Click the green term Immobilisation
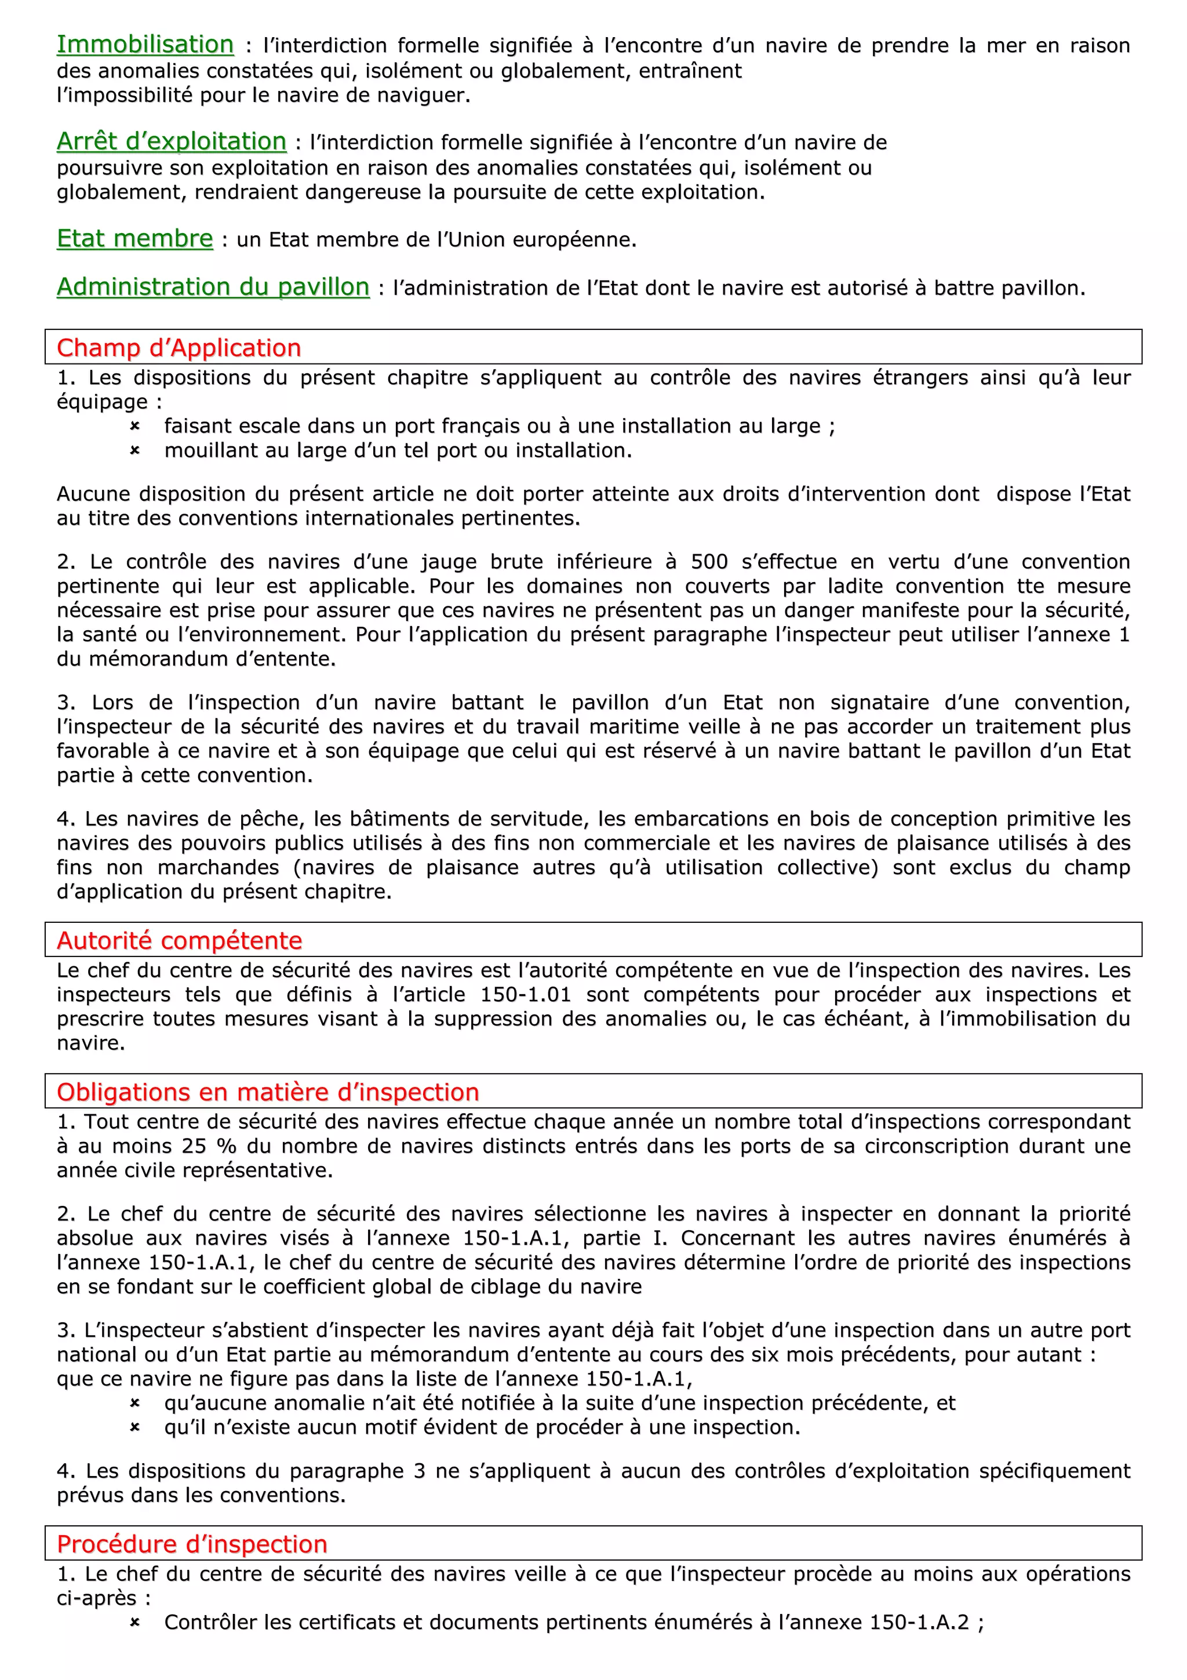pos(145,45)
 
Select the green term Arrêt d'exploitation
pos(171,141)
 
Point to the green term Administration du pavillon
pos(213,287)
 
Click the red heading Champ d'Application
pos(179,348)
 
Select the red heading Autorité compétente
pos(179,940)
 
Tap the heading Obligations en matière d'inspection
pos(268,1092)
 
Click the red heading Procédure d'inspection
pos(192,1544)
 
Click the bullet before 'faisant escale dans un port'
pos(134,426)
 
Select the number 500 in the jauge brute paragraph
pos(709,562)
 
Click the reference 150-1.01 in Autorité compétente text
pos(525,995)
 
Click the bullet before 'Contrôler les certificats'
pos(134,1623)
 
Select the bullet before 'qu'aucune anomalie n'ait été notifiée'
pos(134,1403)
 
